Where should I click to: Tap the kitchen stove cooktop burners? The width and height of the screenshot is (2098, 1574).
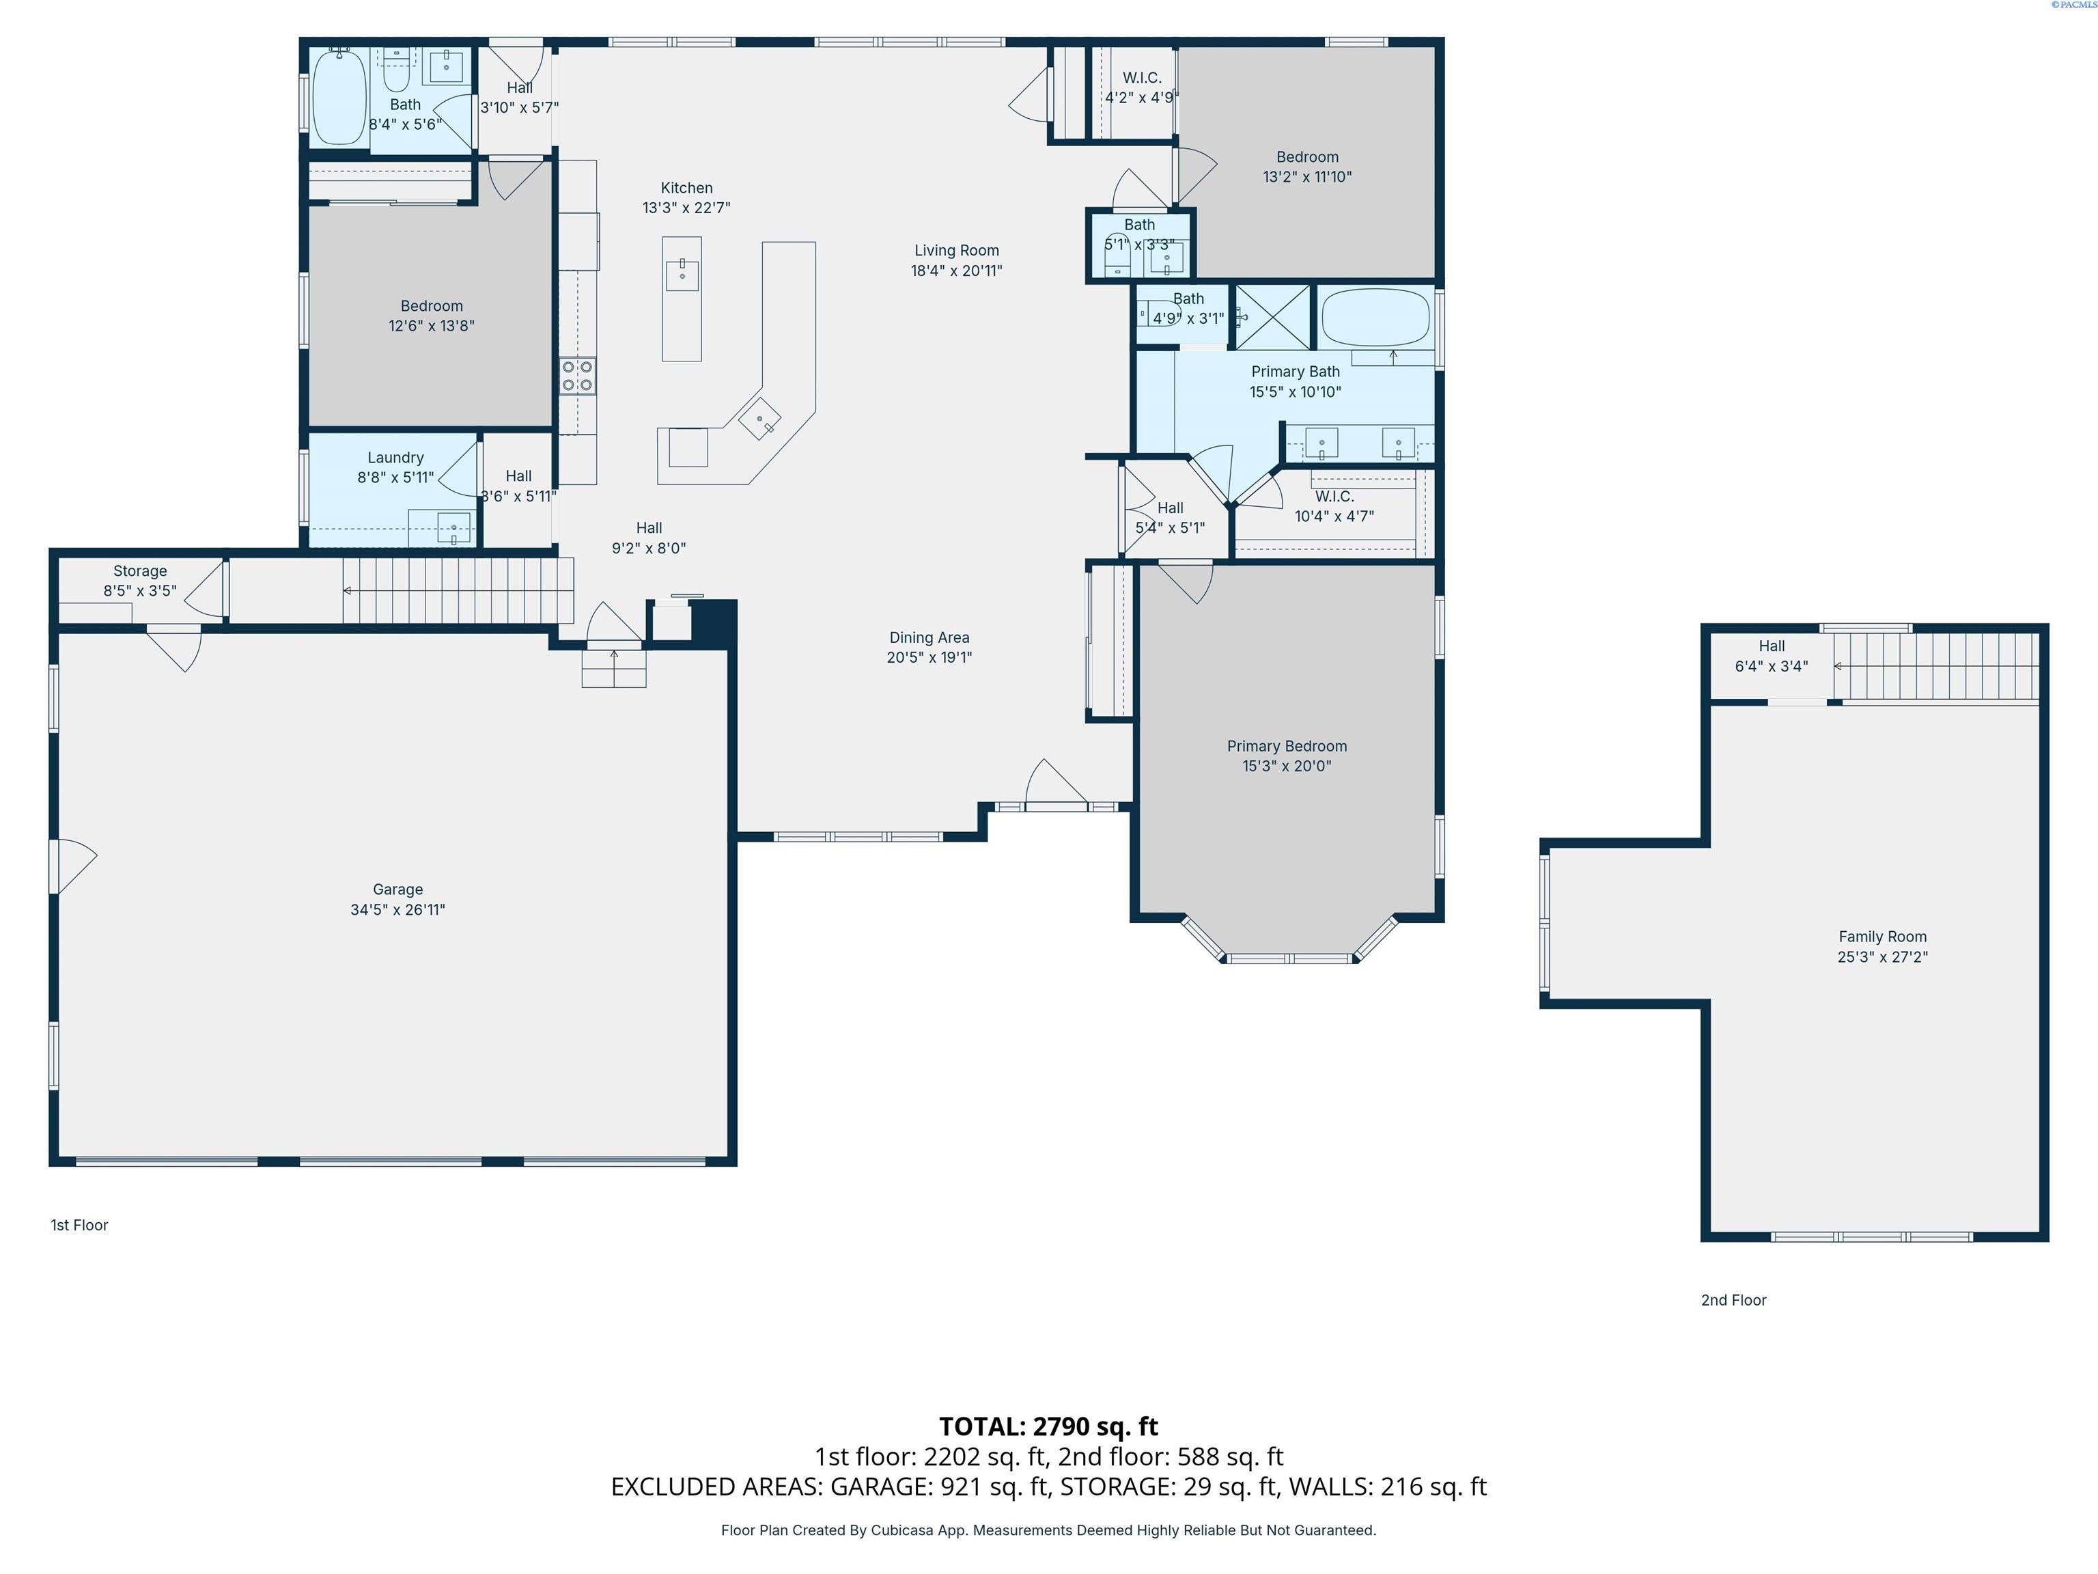pyautogui.click(x=576, y=376)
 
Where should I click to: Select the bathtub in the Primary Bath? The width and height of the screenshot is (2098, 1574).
pyautogui.click(x=1375, y=318)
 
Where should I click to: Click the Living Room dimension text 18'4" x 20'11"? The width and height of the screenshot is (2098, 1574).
pyautogui.click(x=956, y=271)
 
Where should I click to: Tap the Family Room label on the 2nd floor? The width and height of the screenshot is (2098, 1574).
pyautogui.click(x=1882, y=937)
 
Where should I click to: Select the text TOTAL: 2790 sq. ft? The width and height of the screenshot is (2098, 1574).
pyautogui.click(x=1048, y=1426)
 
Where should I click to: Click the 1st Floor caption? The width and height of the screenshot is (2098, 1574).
pyautogui.click(x=80, y=1225)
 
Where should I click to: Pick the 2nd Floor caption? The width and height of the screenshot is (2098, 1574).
pyautogui.click(x=1733, y=1300)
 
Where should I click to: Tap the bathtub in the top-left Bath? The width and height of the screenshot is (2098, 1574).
pyautogui.click(x=339, y=98)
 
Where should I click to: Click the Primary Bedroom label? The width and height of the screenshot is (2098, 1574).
pyautogui.click(x=1286, y=746)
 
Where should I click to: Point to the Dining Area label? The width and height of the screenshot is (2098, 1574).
pyautogui.click(x=929, y=637)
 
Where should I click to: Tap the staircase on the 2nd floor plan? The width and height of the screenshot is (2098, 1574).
pyautogui.click(x=1935, y=666)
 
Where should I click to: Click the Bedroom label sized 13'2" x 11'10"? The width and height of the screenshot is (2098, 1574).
pyautogui.click(x=1307, y=158)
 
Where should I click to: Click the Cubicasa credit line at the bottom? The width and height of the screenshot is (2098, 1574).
pyautogui.click(x=1048, y=1530)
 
